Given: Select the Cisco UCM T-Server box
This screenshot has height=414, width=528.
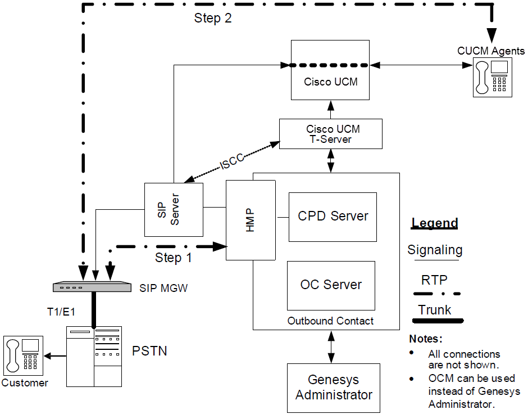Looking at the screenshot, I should pos(331,134).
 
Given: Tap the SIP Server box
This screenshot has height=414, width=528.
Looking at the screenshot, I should pos(174,209).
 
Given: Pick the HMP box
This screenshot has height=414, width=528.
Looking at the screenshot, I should pos(251,220).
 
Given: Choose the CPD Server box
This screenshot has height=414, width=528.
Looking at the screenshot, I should pos(333,217).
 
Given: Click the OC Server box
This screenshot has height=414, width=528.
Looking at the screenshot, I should pos(331,285).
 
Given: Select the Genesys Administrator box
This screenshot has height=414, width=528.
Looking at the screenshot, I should pos(334,388).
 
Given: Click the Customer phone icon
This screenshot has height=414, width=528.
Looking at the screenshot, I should pos(23,355).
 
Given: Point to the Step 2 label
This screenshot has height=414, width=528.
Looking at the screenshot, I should pos(213,18).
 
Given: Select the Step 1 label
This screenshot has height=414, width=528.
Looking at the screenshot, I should pos(174,258).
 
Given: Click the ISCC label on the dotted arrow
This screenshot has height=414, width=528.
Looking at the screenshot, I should pos(231,161).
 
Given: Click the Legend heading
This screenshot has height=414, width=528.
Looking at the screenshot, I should pos(435,223).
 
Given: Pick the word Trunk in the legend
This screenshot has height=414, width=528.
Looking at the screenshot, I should pos(435,310).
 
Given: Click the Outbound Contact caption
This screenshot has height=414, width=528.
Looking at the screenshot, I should pos(330,321).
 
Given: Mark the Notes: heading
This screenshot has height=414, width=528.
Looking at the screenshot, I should pos(426,339).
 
